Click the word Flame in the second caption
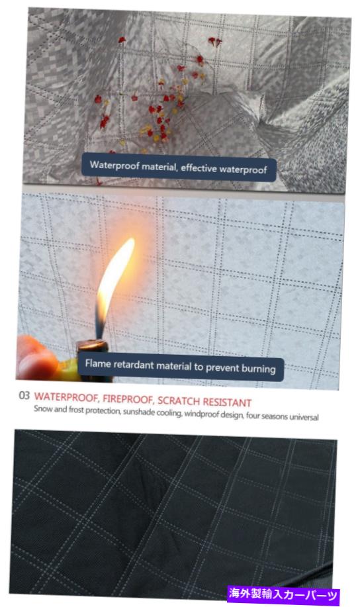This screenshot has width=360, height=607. pyautogui.click(x=97, y=363)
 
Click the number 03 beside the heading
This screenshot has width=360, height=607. pyautogui.click(x=24, y=395)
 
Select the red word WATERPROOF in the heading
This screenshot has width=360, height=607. pyautogui.click(x=67, y=397)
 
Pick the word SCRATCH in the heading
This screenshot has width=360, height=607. pyautogui.click(x=179, y=400)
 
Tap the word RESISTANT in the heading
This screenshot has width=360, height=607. pyautogui.click(x=227, y=402)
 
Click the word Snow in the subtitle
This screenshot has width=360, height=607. pyautogui.click(x=42, y=409)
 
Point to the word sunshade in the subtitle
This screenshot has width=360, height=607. pyautogui.click(x=139, y=412)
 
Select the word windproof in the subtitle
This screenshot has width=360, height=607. pyautogui.click(x=201, y=414)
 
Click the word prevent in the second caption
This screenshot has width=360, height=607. pyautogui.click(x=222, y=367)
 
